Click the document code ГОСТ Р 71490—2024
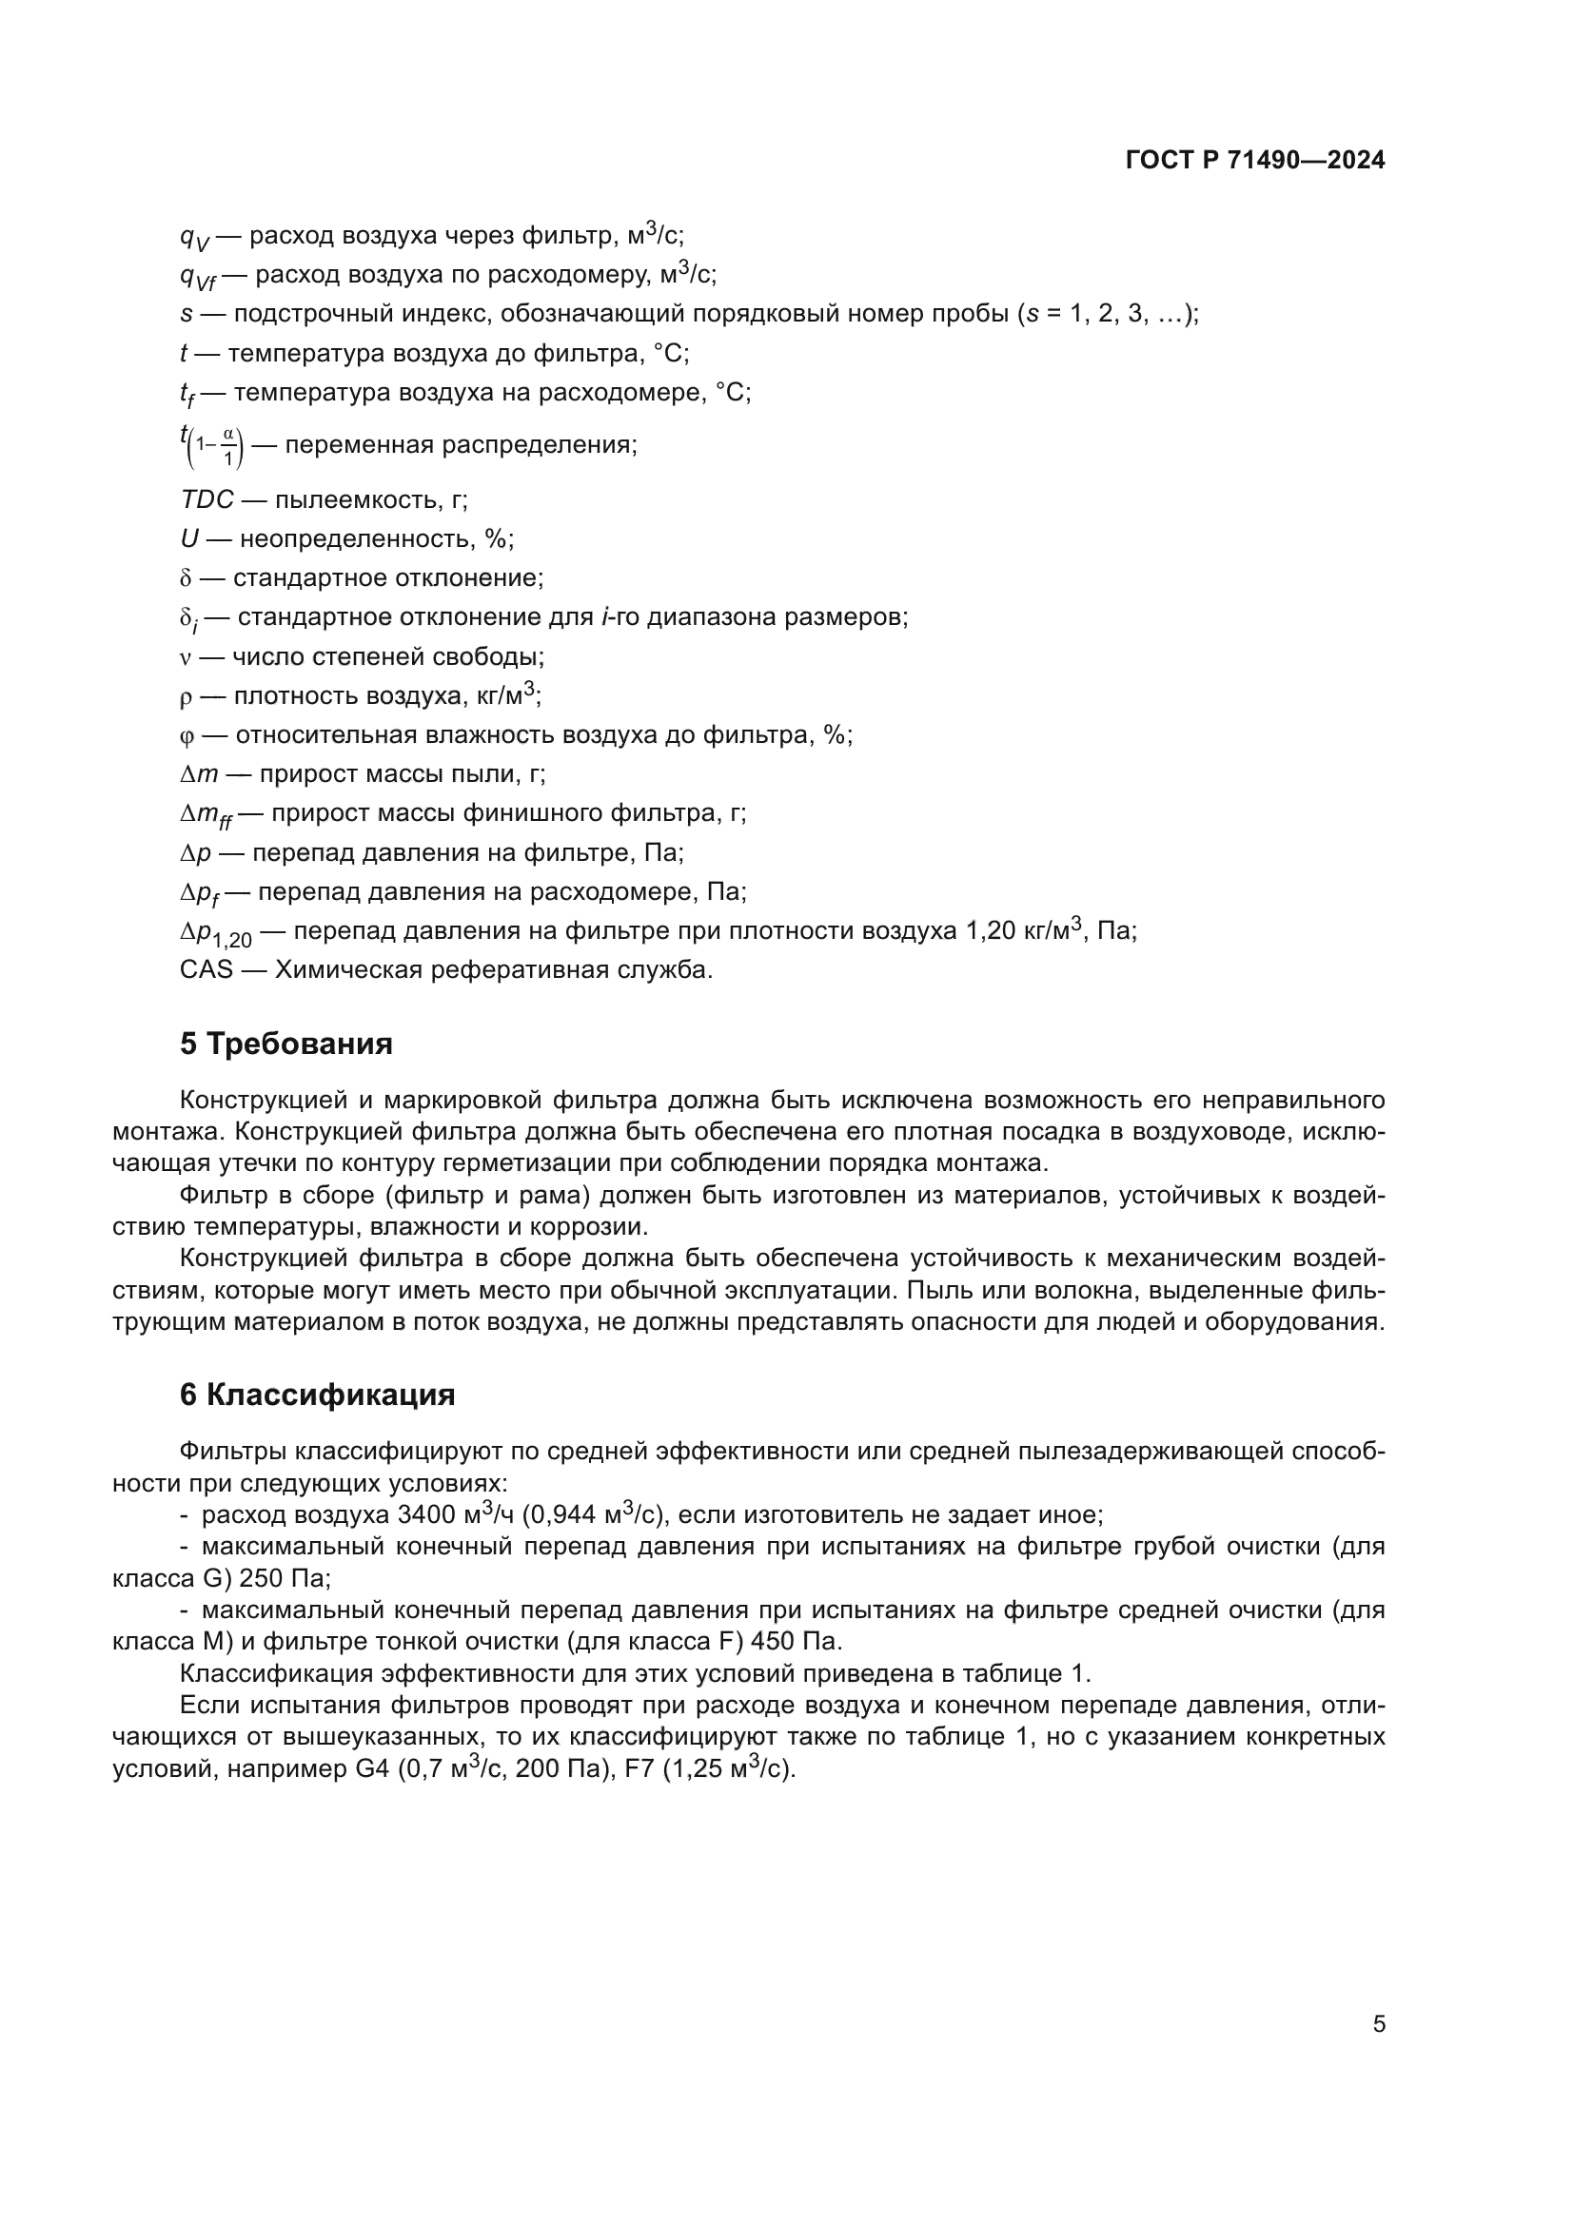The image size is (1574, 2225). [1255, 160]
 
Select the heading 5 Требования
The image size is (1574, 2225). [285, 1044]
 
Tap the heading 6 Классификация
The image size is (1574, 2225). [317, 1395]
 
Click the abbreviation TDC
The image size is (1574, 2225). [207, 500]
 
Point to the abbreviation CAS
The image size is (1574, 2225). [206, 969]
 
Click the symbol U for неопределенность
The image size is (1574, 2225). [189, 538]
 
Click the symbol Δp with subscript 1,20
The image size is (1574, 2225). [214, 933]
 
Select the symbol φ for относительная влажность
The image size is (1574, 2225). [187, 735]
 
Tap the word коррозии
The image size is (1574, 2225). [598, 1227]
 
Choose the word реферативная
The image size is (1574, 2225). [498, 969]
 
